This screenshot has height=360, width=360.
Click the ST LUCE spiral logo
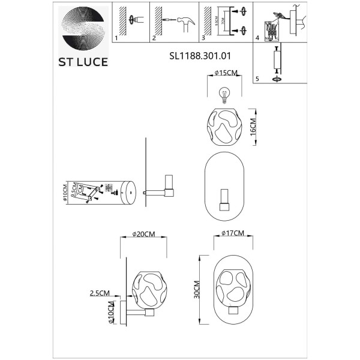(x=83, y=26)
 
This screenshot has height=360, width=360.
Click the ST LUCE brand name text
(x=83, y=62)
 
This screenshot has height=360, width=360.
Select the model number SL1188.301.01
(x=200, y=55)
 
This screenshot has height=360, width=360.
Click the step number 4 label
(x=257, y=38)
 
